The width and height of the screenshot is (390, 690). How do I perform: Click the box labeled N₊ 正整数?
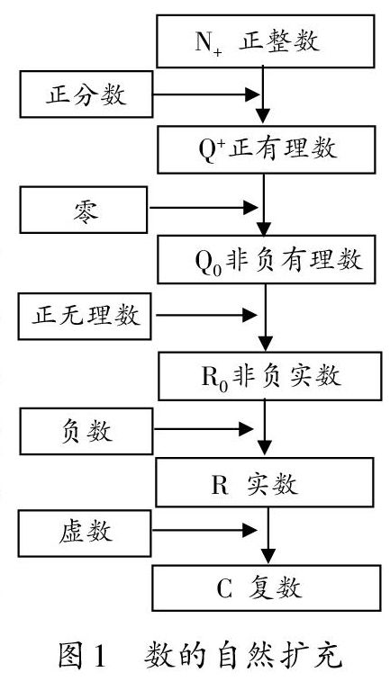[x=266, y=41]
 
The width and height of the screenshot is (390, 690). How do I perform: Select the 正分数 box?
[x=86, y=94]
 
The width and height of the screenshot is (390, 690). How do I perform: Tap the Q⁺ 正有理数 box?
[x=267, y=149]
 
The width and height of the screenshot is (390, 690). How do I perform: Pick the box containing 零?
[x=84, y=210]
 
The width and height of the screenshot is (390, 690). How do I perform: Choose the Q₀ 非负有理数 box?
[x=267, y=259]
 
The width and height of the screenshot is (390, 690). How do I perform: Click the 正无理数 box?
[x=85, y=316]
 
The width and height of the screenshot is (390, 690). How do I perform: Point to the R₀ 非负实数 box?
[x=270, y=376]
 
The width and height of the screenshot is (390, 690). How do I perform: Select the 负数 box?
[x=86, y=431]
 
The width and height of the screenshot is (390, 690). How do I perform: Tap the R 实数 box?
[x=265, y=482]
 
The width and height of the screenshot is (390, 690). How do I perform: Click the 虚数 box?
[x=86, y=533]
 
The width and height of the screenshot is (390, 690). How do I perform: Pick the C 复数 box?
[x=267, y=588]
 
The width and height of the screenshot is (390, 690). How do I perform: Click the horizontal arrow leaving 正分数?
[x=205, y=94]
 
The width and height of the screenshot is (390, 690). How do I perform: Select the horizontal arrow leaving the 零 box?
[x=204, y=207]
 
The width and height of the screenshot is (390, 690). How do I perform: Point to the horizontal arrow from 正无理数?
[x=206, y=315]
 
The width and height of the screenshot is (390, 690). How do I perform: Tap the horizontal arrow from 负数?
[x=204, y=428]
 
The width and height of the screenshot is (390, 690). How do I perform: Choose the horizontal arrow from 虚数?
[x=204, y=530]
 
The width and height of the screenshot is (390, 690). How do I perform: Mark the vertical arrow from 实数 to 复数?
[x=268, y=534]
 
